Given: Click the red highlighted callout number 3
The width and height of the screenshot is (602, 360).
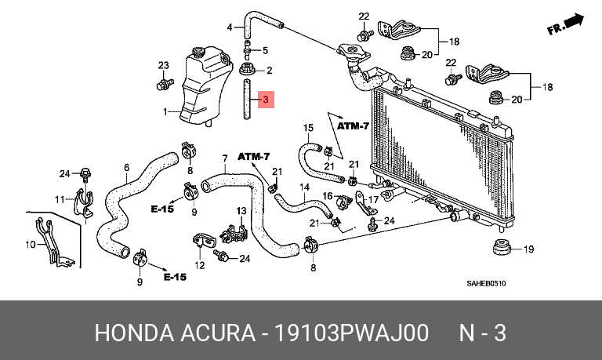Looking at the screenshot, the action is coord(266,100).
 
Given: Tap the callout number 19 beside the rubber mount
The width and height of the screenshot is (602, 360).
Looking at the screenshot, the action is coord(528,249).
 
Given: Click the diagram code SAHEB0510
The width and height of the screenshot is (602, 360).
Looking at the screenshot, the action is coord(486,284).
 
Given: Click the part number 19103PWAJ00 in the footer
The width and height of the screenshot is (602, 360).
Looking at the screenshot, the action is coord(352,333).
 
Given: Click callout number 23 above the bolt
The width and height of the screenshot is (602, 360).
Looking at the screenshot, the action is coord(164,65).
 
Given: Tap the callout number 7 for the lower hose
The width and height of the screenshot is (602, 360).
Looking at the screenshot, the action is coord(225,158).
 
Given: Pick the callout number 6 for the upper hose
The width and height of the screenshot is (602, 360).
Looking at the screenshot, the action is coord(127,168).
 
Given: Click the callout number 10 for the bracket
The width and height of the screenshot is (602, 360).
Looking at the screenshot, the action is coord(31,245).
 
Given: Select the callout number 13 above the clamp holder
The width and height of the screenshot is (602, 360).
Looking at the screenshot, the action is coord(241,210).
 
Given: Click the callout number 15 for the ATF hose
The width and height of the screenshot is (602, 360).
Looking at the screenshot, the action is coord(308,127).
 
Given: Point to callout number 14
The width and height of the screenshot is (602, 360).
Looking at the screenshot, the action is coord(304,187).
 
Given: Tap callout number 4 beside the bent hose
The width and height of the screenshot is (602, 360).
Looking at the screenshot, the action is coord(230,27).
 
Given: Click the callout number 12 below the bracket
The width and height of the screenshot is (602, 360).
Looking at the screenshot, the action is coord(200,265).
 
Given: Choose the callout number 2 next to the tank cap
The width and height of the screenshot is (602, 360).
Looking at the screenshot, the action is coord(269,71).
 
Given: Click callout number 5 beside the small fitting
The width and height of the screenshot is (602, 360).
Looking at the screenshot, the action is coord(265,50).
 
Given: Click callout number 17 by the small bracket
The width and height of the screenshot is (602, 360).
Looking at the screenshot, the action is coord(374,200).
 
